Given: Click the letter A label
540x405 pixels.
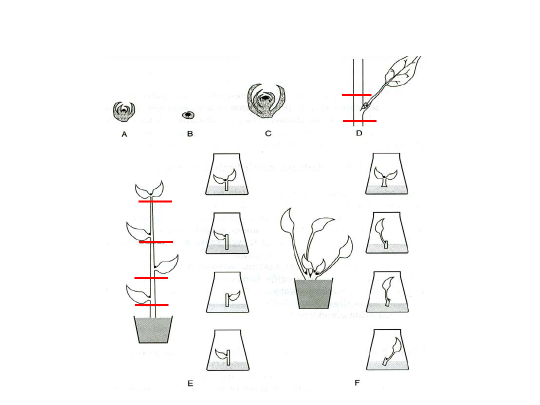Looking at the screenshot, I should pyautogui.click(x=124, y=134).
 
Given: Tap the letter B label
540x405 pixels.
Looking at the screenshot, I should pyautogui.click(x=189, y=134).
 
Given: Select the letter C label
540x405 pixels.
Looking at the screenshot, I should pyautogui.click(x=268, y=133).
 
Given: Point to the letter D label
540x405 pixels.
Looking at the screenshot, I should pyautogui.click(x=359, y=133).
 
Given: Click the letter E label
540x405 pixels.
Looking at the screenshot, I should pyautogui.click(x=190, y=383).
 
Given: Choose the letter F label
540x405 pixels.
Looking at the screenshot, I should pyautogui.click(x=357, y=383).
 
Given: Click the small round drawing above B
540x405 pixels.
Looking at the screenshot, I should pyautogui.click(x=188, y=114).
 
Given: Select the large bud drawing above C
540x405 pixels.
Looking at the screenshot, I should pyautogui.click(x=268, y=101).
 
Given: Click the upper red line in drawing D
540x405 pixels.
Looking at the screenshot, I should pyautogui.click(x=356, y=94).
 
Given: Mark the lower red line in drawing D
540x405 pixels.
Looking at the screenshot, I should pyautogui.click(x=359, y=121).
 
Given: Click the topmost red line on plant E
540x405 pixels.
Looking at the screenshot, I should pyautogui.click(x=155, y=201).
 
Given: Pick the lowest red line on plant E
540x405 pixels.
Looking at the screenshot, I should pyautogui.click(x=151, y=304).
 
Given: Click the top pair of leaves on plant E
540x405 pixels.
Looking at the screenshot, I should pyautogui.click(x=150, y=189).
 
